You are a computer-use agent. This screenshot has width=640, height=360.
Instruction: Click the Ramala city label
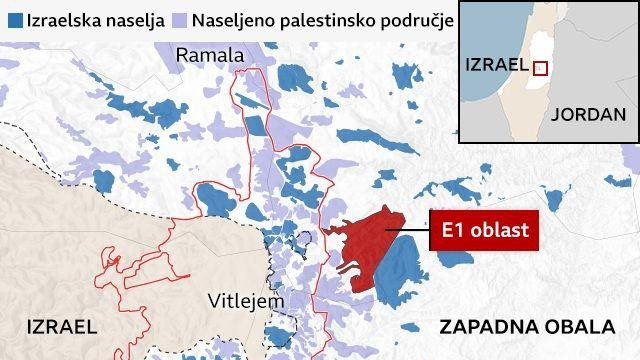click(209, 55)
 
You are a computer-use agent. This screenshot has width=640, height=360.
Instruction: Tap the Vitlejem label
click(245, 300)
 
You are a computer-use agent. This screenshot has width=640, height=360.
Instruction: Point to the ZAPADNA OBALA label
click(526, 327)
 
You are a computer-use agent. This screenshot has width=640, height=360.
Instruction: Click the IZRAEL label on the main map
click(62, 327)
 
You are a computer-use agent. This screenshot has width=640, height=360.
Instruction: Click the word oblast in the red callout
click(499, 233)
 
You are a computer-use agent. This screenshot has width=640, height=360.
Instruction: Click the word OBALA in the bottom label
click(580, 327)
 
